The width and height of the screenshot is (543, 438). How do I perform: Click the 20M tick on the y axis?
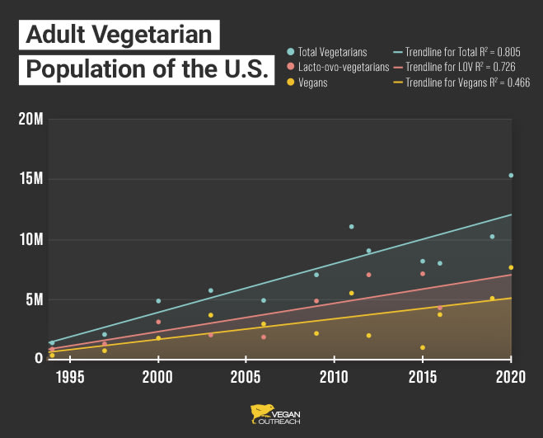30,120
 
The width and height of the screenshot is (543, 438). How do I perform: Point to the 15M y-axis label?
30,180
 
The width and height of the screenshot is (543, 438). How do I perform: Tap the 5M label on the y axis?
35,299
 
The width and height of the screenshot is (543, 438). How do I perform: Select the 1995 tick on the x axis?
69,377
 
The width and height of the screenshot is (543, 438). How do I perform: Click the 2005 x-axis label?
246,377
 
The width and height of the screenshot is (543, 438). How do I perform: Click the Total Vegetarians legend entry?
332,52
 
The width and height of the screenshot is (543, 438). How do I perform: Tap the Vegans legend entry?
314,82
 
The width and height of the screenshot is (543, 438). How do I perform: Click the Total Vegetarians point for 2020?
511,175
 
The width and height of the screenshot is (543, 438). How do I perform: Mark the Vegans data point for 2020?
511,267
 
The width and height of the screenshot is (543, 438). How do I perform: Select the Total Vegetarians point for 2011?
352,227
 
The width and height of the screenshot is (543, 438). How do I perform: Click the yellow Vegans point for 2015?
423,347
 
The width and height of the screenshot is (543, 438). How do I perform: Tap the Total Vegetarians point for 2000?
158,301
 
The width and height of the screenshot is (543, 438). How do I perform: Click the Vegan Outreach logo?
272,415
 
